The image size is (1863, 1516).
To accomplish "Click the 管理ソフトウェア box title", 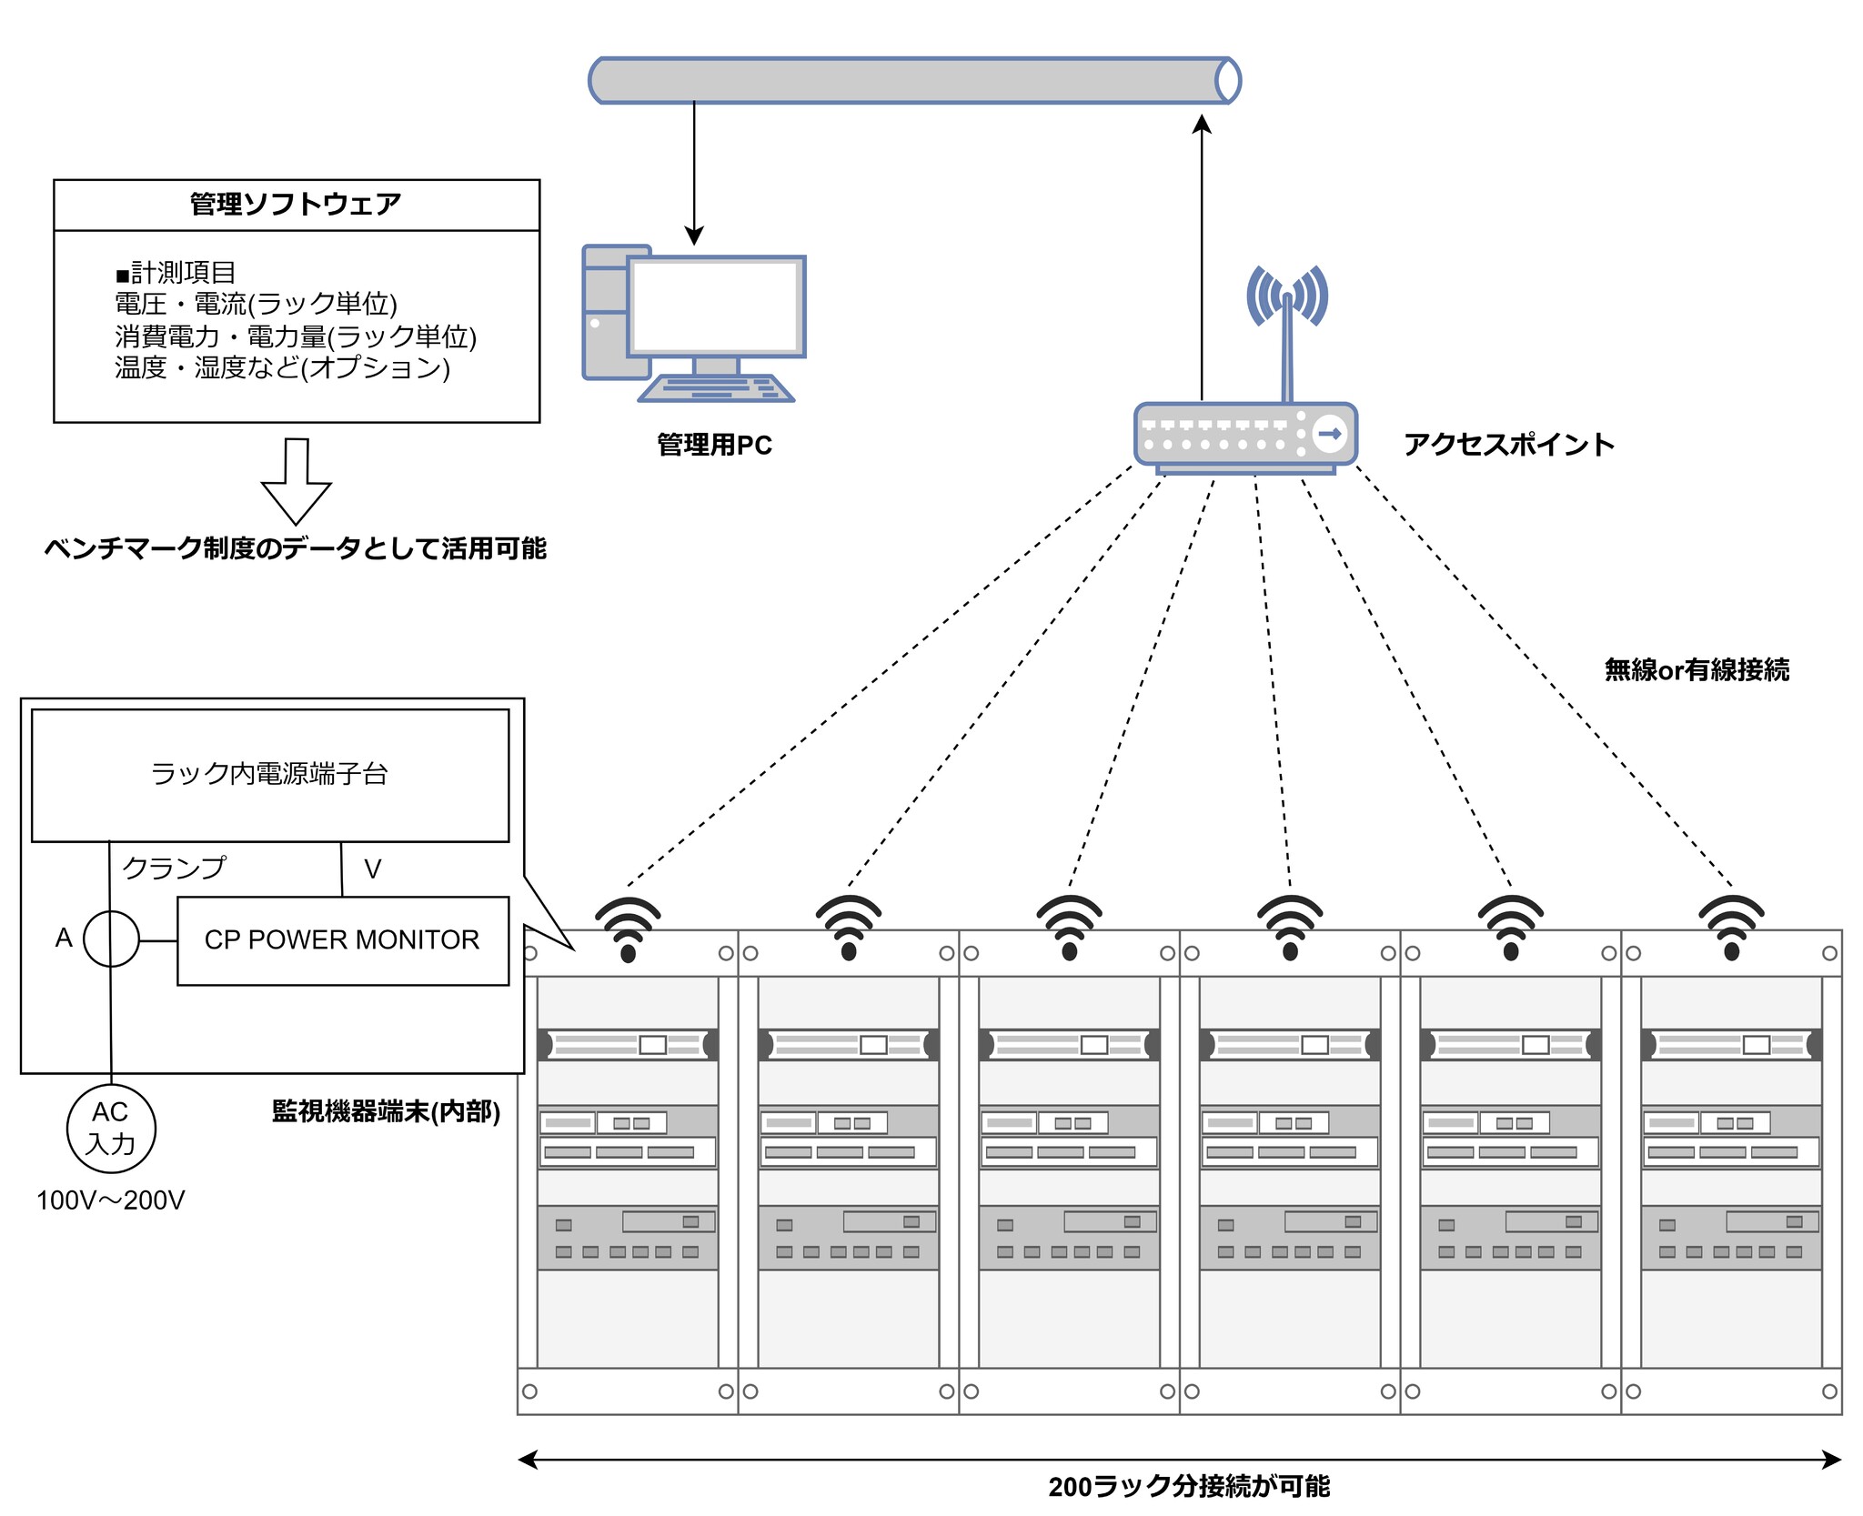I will (296, 204).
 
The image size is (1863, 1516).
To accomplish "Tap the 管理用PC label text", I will (714, 445).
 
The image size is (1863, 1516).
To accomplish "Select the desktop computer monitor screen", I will (715, 306).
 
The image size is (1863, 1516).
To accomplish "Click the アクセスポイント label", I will (1508, 445).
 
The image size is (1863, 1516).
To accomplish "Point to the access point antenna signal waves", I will (1286, 295).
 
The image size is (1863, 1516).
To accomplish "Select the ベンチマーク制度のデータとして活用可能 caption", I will (296, 548).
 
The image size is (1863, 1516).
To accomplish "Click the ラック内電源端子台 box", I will (270, 775).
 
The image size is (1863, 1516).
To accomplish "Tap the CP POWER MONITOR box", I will (342, 940).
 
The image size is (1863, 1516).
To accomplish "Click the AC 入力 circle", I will (111, 1128).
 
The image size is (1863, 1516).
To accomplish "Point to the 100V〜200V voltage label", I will (110, 1200).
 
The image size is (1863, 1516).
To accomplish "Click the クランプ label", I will (174, 868).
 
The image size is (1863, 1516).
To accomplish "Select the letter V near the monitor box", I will (372, 869).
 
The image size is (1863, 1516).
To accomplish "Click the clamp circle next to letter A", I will (111, 939).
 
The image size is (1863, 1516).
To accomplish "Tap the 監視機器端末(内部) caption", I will (386, 1111).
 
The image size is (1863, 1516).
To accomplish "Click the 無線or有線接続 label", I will (1697, 670).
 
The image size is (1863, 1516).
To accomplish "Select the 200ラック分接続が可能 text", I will (1188, 1487).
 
